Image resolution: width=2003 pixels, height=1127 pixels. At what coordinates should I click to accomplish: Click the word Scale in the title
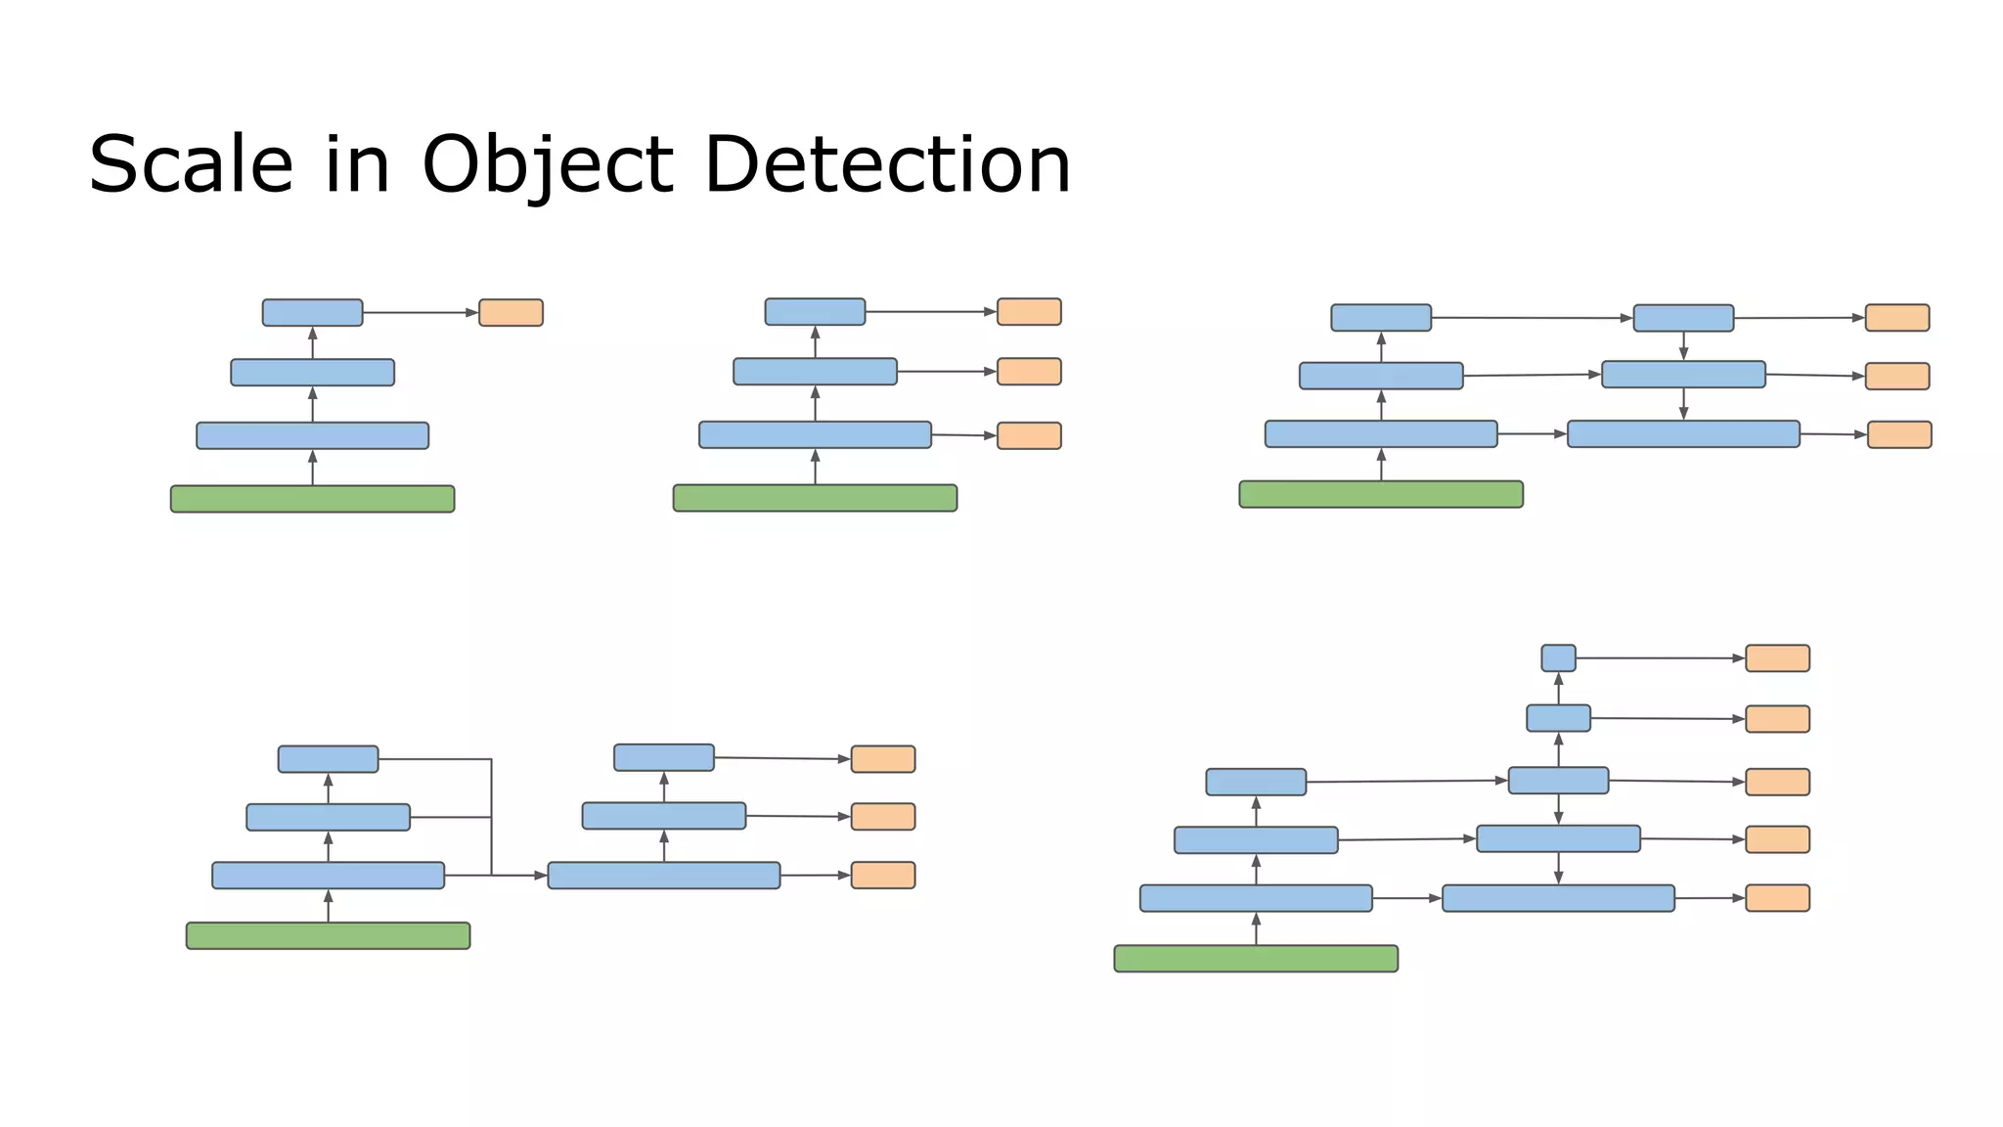[191, 164]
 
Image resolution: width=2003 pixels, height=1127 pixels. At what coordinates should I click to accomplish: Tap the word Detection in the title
[887, 164]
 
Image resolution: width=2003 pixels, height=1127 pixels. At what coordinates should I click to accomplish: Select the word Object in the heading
[548, 164]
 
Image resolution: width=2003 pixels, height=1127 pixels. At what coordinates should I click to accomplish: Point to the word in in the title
[357, 164]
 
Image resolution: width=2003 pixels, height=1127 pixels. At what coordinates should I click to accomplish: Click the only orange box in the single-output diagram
[511, 313]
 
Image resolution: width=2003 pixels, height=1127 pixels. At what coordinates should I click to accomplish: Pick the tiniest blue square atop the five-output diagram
[1558, 658]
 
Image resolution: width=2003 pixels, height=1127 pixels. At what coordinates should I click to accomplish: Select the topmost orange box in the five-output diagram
[1777, 658]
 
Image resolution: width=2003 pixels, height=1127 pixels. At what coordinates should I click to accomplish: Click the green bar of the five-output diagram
[1256, 959]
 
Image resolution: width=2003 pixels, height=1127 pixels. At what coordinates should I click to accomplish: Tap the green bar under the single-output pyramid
[312, 499]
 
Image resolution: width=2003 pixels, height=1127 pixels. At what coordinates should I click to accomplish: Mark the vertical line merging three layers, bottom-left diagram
[491, 817]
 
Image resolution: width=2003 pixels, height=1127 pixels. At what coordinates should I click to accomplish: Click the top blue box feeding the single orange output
[312, 313]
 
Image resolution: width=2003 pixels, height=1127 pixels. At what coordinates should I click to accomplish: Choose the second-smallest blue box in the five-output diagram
[1558, 718]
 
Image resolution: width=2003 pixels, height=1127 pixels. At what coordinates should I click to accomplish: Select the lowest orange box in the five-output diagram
[1777, 898]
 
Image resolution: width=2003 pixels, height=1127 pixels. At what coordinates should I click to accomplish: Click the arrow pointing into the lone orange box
[421, 313]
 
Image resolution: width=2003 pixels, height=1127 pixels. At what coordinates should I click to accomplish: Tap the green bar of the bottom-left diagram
[328, 936]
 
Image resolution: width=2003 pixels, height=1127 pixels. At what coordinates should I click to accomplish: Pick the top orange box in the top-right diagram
[1896, 318]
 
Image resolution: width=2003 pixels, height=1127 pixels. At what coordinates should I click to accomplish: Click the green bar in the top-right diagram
[1381, 494]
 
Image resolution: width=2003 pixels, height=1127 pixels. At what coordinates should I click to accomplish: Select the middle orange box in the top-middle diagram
[1029, 372]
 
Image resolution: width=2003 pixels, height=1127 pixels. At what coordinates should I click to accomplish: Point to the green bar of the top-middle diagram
[815, 498]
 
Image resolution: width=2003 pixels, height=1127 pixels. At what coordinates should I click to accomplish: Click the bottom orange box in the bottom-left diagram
[882, 876]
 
